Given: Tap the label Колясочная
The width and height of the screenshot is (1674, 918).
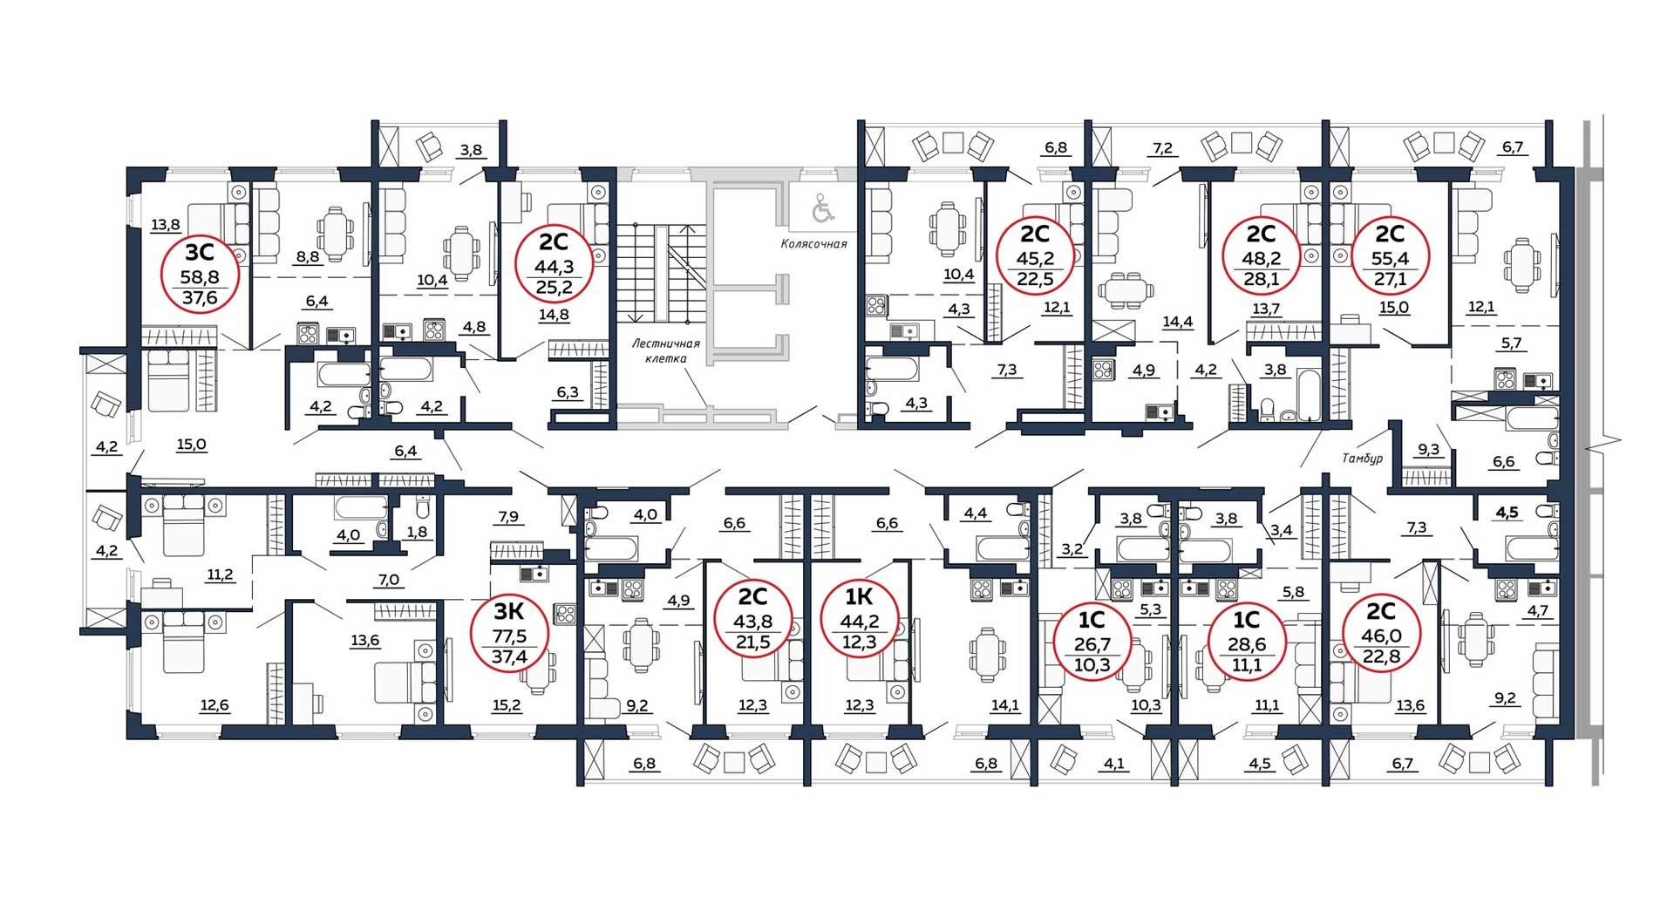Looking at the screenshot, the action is coord(813,244).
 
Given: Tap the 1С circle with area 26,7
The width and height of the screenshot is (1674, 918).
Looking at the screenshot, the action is coord(1092,644).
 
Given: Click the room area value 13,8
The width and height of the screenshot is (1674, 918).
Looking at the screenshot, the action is coord(165,225).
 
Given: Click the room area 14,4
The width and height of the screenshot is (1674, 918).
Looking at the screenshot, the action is coord(1177,322).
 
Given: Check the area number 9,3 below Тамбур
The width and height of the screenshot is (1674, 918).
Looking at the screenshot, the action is coord(1429,450).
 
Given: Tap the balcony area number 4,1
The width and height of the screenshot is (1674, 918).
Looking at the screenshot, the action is coord(1113,765).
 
